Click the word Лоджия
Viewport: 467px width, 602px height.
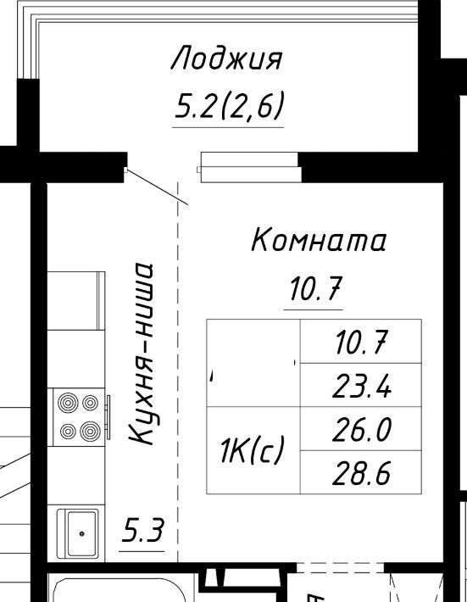[x=226, y=59]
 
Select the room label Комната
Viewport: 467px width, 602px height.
[x=318, y=240]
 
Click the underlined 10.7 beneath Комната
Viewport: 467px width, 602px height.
[x=315, y=289]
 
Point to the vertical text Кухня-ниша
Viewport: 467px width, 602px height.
[x=142, y=354]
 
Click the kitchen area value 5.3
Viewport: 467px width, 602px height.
[x=142, y=530]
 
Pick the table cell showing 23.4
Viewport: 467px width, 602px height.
[x=361, y=385]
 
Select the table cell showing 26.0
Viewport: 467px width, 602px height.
[x=361, y=429]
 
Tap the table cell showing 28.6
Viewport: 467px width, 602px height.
[x=361, y=472]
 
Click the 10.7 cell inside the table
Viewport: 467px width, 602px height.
[x=361, y=342]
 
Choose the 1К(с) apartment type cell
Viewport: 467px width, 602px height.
[x=253, y=450]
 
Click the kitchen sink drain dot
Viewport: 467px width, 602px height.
[x=81, y=533]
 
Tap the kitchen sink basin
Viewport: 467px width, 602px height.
[x=81, y=533]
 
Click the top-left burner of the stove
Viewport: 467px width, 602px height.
[x=68, y=403]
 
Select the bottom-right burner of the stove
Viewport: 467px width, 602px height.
[x=90, y=432]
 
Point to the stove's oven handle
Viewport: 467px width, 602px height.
[x=108, y=417]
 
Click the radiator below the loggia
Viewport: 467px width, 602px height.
[x=249, y=168]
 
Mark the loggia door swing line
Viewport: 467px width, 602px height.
[x=158, y=187]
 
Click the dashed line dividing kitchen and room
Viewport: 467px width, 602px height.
[x=178, y=372]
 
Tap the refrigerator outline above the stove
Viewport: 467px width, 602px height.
[x=76, y=301]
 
